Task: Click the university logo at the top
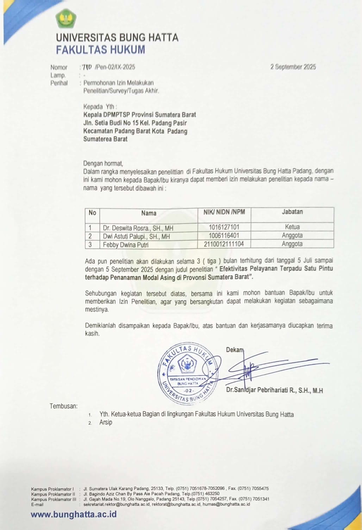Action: [x=66, y=19]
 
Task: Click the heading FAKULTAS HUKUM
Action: [x=100, y=50]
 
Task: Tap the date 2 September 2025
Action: [x=293, y=67]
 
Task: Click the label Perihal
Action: [x=59, y=83]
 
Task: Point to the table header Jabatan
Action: [x=292, y=212]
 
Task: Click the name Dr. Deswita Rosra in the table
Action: [x=138, y=228]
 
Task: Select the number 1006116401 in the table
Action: [x=224, y=235]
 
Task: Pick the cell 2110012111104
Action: [x=224, y=244]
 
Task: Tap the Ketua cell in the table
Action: [x=292, y=227]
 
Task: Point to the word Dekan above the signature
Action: [x=235, y=349]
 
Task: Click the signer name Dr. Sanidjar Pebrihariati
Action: [x=274, y=390]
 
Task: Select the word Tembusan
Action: [x=63, y=406]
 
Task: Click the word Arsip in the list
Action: [x=106, y=422]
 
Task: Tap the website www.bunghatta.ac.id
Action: [x=74, y=514]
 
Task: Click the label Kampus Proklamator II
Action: [x=54, y=494]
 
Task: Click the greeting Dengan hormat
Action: [x=103, y=163]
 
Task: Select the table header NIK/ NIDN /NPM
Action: [x=224, y=212]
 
